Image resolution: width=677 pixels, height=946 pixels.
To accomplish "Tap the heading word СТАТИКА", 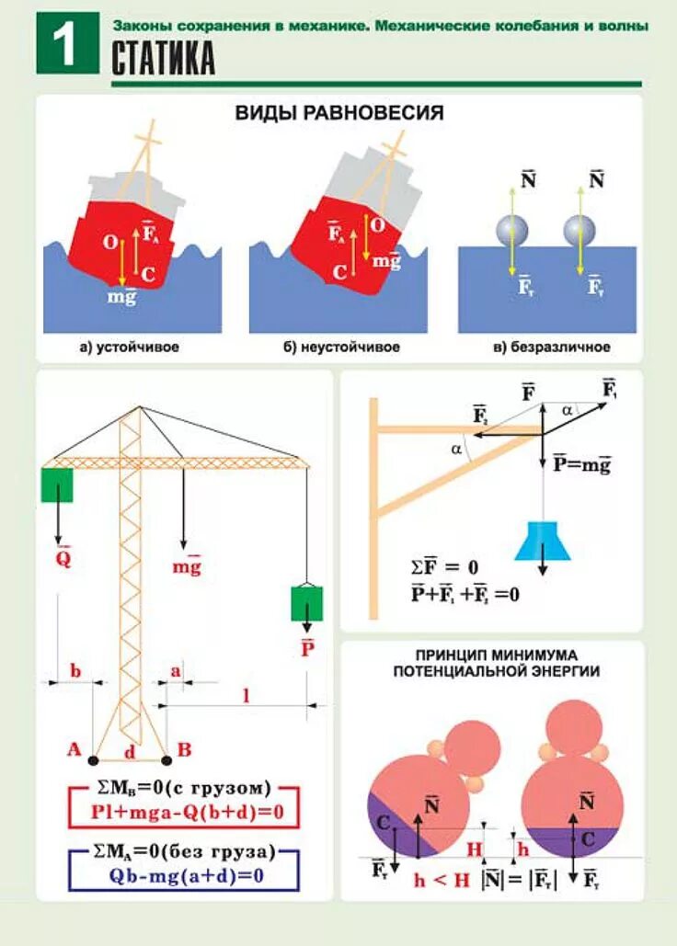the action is coord(164,60).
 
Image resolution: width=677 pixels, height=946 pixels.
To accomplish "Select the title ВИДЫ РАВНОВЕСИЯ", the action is coord(339,113).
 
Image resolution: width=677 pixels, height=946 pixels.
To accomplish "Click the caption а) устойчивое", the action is coord(129,348).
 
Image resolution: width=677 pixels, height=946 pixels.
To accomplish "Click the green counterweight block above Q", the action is coord(57,484).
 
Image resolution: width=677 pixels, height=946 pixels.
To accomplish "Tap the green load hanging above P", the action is coord(307,603).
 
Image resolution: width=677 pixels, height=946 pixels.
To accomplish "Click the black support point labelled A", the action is coord(94,760).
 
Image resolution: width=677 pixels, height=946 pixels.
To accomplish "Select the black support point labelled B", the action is coord(166,760).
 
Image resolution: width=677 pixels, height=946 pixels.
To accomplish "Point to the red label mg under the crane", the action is coord(186,566).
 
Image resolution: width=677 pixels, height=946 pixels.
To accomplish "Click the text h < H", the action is coord(442,880).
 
